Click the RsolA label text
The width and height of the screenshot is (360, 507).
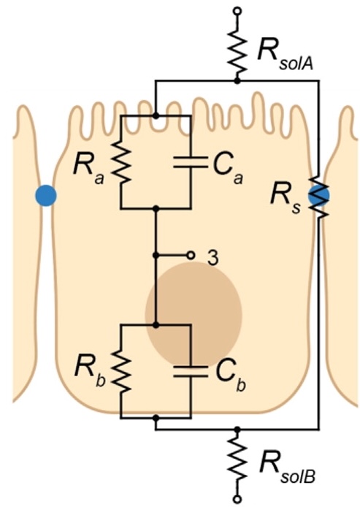[x=286, y=55]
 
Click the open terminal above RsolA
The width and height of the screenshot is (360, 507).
[x=237, y=11]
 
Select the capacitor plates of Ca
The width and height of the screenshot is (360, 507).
[x=191, y=162]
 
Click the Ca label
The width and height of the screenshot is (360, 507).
[x=228, y=169]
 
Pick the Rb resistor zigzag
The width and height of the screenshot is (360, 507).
[x=121, y=371]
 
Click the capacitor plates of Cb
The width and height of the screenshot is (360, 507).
[x=191, y=372]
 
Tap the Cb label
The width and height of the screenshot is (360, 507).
[x=230, y=376]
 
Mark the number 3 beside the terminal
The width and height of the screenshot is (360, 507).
[x=212, y=258]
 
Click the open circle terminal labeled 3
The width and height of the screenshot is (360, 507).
[x=191, y=256]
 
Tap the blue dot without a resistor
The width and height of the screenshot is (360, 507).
[x=46, y=195]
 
